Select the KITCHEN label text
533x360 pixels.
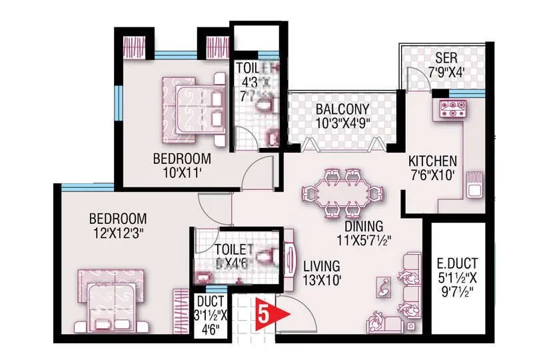(432, 161)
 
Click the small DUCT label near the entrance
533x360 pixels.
(211, 301)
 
